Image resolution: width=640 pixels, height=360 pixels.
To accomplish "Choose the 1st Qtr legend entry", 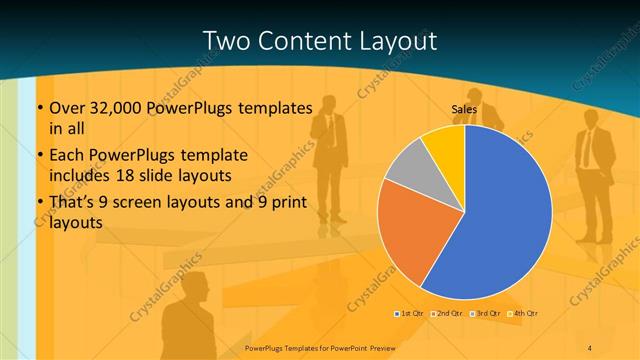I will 410,315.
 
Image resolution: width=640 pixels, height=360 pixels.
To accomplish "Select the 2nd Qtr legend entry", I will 447,315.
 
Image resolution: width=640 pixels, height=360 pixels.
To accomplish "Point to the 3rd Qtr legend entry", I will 486,315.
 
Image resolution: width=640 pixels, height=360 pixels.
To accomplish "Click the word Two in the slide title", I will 227,41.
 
